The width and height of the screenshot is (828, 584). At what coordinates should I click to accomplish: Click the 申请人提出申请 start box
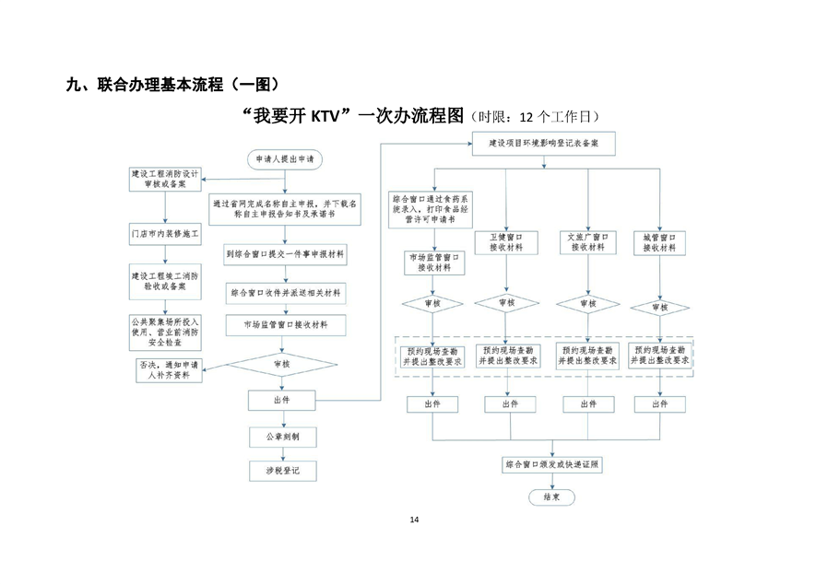[x=283, y=158]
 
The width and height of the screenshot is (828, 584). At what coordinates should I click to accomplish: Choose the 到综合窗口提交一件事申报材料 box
[x=283, y=254]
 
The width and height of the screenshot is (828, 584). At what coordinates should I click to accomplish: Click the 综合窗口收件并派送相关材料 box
[x=283, y=293]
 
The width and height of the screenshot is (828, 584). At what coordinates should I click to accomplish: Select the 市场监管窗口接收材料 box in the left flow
[x=283, y=324]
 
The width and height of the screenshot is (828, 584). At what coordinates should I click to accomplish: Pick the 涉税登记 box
[x=283, y=470]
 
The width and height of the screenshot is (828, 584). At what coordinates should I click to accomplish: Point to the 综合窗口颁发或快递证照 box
[x=551, y=465]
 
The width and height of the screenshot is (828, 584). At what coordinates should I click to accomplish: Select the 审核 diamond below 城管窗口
[x=660, y=307]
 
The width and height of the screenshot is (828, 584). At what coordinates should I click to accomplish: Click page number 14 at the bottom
[x=414, y=520]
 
